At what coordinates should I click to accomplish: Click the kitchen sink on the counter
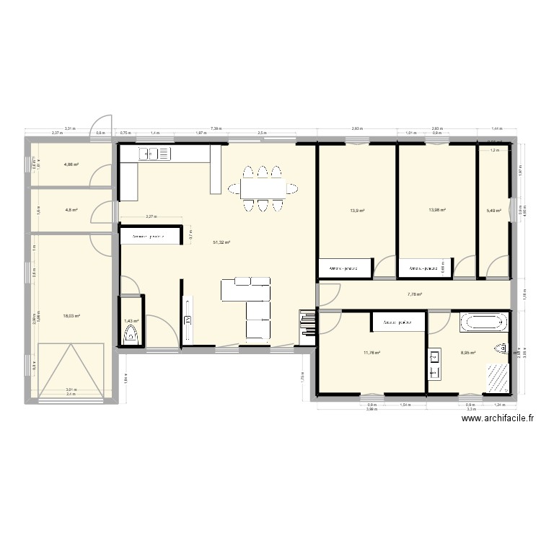152,153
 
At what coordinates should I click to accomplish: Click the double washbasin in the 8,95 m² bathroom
435,364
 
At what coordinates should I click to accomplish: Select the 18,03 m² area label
71,315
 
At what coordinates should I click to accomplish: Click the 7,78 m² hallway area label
414,294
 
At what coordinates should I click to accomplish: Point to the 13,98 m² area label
437,210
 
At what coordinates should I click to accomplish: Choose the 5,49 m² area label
494,211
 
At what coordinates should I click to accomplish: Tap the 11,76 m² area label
371,353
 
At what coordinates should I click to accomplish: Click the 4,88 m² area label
71,164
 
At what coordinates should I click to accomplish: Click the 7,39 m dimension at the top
216,128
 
